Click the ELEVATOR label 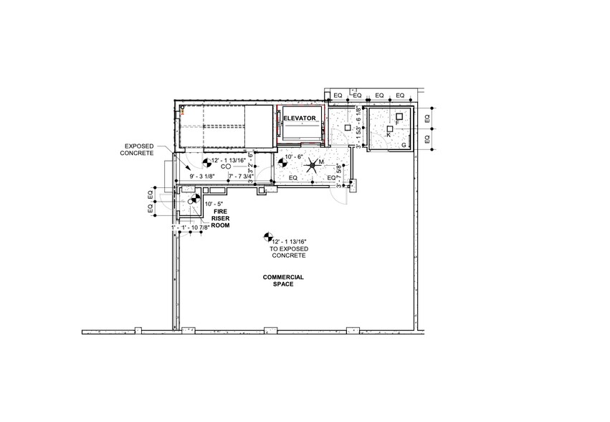300,118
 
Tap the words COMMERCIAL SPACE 283,281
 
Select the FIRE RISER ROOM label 219,218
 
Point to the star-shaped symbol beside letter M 313,168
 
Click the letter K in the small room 389,134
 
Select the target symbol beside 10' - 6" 281,163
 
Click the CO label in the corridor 225,167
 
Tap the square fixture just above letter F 399,116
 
